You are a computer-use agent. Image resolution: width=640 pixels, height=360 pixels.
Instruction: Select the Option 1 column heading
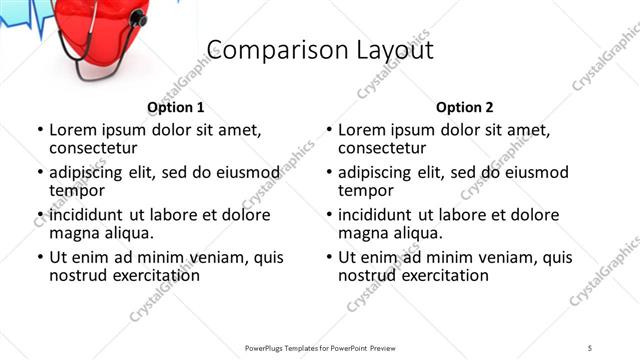(x=176, y=107)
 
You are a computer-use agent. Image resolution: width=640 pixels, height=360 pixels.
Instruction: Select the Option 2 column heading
(x=464, y=107)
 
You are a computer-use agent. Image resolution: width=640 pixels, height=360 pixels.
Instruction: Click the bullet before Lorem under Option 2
(x=328, y=130)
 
